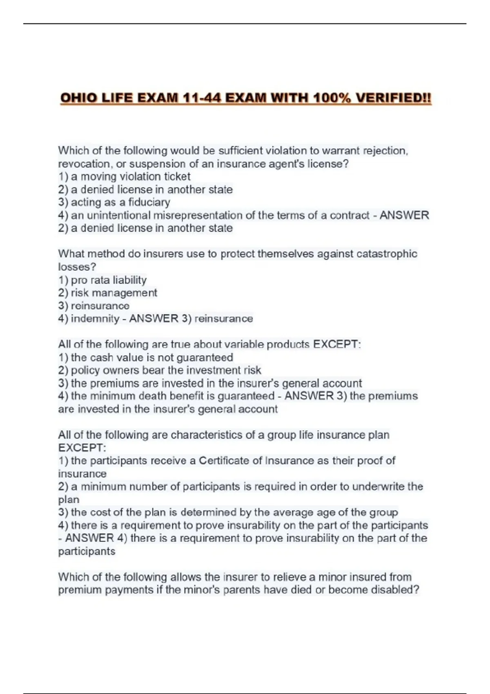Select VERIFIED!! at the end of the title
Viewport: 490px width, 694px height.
(x=393, y=98)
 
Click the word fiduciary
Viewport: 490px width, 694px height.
(x=149, y=202)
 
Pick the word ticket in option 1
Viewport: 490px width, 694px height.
(x=177, y=177)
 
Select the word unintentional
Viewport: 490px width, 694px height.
(x=119, y=216)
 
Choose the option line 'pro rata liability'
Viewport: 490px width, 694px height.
(x=108, y=280)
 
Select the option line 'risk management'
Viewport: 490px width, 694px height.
(x=114, y=293)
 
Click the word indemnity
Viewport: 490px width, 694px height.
(x=95, y=319)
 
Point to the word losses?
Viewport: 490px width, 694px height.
(x=77, y=267)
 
